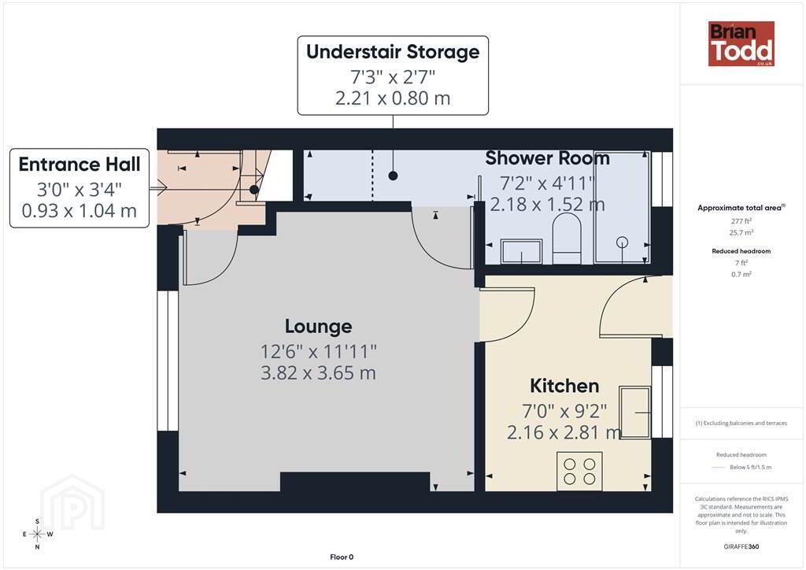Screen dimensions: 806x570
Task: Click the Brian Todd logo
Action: [741, 43]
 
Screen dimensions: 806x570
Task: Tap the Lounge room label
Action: [319, 327]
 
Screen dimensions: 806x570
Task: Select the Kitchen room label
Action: [564, 386]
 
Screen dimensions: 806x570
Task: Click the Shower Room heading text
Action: [548, 158]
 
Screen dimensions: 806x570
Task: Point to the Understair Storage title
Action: [393, 52]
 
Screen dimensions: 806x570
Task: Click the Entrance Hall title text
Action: [79, 165]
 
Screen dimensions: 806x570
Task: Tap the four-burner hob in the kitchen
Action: [579, 472]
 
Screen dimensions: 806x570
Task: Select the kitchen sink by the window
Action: [635, 413]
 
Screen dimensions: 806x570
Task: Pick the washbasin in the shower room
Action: [521, 251]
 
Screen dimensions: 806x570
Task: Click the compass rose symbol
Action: [38, 534]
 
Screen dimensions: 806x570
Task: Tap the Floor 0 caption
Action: [342, 557]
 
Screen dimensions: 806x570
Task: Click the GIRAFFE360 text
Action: [741, 546]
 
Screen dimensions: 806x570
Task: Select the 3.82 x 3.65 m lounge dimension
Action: [318, 372]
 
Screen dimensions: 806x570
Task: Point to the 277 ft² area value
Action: [741, 221]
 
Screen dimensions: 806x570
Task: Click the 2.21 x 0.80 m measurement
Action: [393, 98]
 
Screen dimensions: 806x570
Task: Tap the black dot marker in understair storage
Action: [394, 176]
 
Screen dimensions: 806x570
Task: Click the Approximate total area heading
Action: [741, 208]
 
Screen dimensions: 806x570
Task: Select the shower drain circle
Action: [622, 242]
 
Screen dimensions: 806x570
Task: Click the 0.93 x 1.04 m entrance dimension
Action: [79, 211]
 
